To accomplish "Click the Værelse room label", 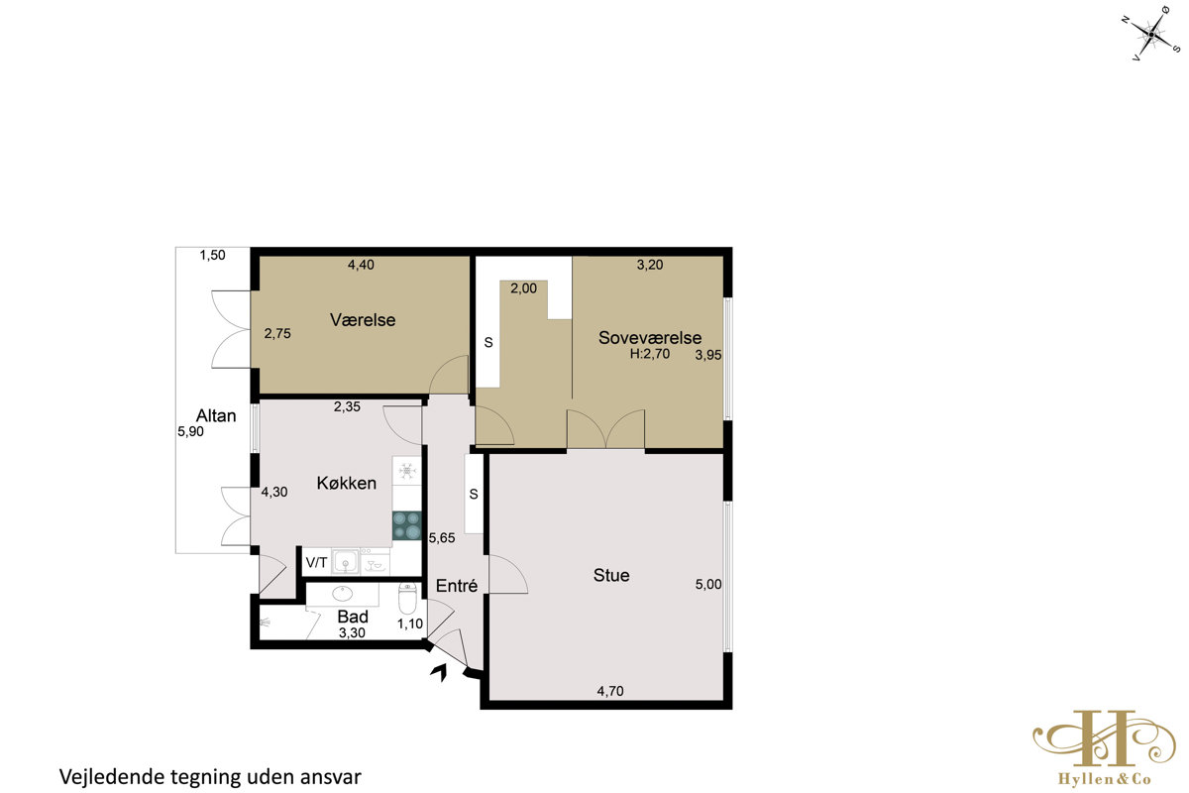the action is coord(363,320).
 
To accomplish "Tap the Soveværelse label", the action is coord(650,337).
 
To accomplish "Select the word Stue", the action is coord(611,575).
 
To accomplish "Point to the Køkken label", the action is coord(347,483).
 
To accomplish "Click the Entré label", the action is coord(457,585).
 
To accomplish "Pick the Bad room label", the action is coord(353,617).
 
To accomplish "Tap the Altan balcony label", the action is coord(216,415).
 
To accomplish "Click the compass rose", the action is coord(1150,34).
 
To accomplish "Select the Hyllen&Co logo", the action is coord(1105,747).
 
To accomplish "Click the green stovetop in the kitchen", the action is coord(406,525).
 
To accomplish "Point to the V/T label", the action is coord(316,562).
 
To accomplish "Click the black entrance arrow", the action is coord(440,672).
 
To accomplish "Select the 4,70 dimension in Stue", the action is coord(610,691).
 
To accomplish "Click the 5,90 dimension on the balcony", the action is coord(190,431).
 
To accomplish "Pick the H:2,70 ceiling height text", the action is coord(650,354).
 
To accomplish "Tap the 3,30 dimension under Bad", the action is coord(352,632).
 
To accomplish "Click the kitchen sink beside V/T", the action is coord(346,562).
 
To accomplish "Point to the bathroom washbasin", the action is coord(343,594).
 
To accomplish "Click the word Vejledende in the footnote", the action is coord(112,777).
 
